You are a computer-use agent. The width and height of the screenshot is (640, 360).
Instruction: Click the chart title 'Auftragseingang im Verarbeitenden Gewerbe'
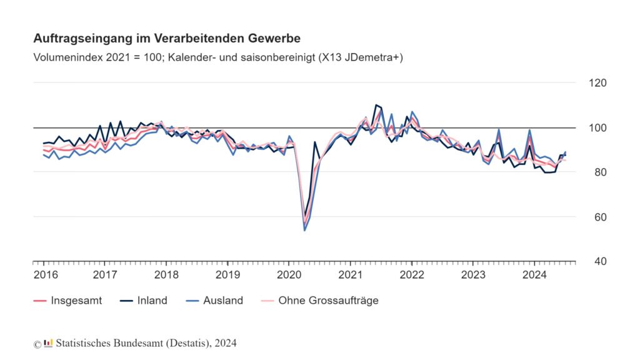point(167,39)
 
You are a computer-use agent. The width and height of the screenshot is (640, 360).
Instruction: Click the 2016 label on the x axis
point(43,275)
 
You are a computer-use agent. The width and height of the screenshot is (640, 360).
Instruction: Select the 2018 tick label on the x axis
point(166,275)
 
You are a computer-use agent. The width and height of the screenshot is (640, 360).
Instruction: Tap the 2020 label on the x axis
point(289,275)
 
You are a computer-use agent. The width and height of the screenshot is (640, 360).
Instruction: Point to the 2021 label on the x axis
point(351,275)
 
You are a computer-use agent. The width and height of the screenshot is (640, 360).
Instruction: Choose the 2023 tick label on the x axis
point(473,275)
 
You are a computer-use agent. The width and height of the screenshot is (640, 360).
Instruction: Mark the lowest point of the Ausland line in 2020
point(304,231)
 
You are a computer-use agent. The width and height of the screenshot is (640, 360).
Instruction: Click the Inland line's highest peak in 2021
point(376,105)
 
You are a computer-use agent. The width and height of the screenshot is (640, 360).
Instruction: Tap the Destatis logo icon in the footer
point(48,343)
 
